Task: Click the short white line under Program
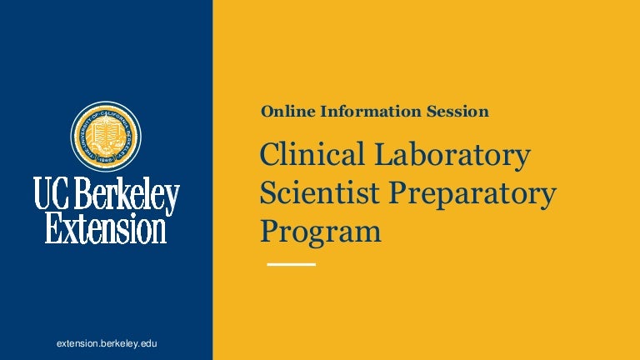tap(291, 264)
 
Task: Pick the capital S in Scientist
tap(268, 194)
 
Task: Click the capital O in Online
tap(267, 111)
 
